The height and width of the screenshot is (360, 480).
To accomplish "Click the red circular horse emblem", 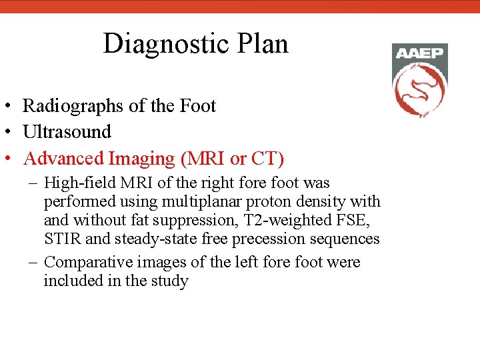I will (x=419, y=90).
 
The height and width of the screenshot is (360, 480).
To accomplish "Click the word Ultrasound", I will (x=67, y=132).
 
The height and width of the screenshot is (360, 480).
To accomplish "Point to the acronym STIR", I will (x=61, y=239).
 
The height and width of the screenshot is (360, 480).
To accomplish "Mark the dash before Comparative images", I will (x=33, y=262).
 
